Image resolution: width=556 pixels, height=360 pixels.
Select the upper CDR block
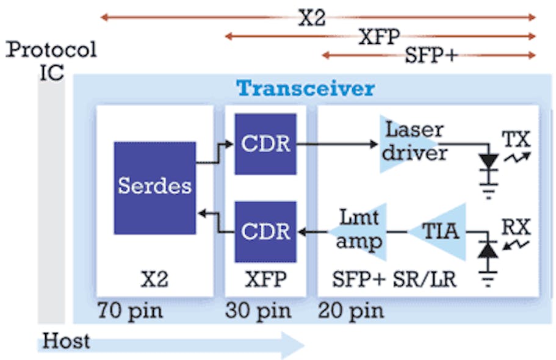pyautogui.click(x=265, y=144)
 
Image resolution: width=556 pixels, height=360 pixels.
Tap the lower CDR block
pyautogui.click(x=265, y=232)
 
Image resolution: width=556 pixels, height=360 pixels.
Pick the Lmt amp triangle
pyautogui.click(x=360, y=232)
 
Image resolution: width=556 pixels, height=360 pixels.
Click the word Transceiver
pyautogui.click(x=305, y=88)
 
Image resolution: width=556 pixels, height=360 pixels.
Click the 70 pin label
pyautogui.click(x=130, y=311)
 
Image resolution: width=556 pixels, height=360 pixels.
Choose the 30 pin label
pyautogui.click(x=259, y=311)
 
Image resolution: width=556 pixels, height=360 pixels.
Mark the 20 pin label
pyautogui.click(x=351, y=311)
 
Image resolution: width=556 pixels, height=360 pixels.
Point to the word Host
pyautogui.click(x=65, y=339)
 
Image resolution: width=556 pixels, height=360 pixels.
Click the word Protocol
pyautogui.click(x=51, y=49)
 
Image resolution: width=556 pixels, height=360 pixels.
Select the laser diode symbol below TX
pyautogui.click(x=488, y=162)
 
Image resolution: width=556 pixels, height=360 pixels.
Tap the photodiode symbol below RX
pyautogui.click(x=488, y=250)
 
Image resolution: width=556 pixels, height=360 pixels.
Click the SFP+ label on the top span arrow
pyautogui.click(x=431, y=56)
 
